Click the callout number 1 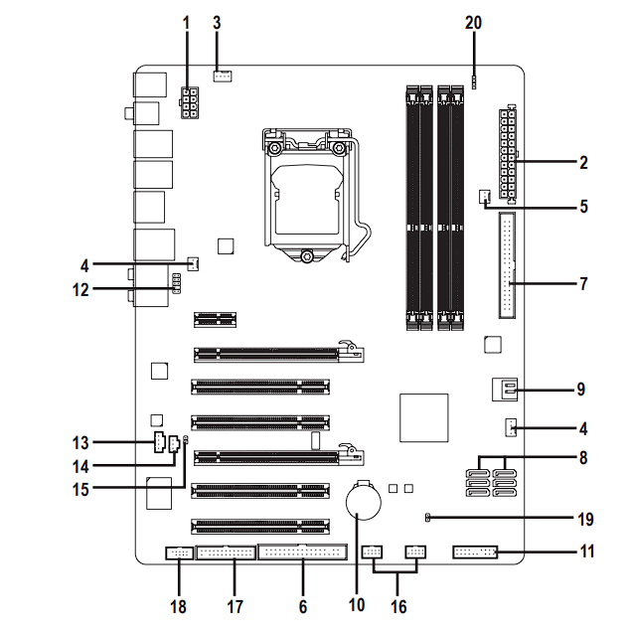tap(186, 21)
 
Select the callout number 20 tap(474, 21)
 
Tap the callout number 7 tap(584, 283)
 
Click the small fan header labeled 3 tap(224, 76)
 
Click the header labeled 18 tap(180, 553)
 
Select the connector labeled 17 tap(233, 553)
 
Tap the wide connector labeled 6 tap(303, 553)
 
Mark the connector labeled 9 tap(504, 390)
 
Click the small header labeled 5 tap(485, 196)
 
